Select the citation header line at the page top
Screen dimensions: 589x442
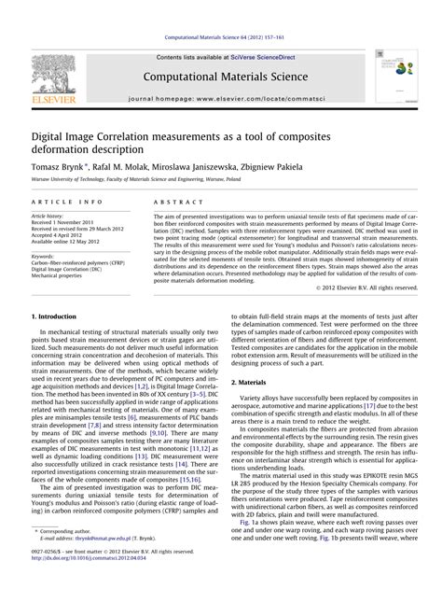220,10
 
